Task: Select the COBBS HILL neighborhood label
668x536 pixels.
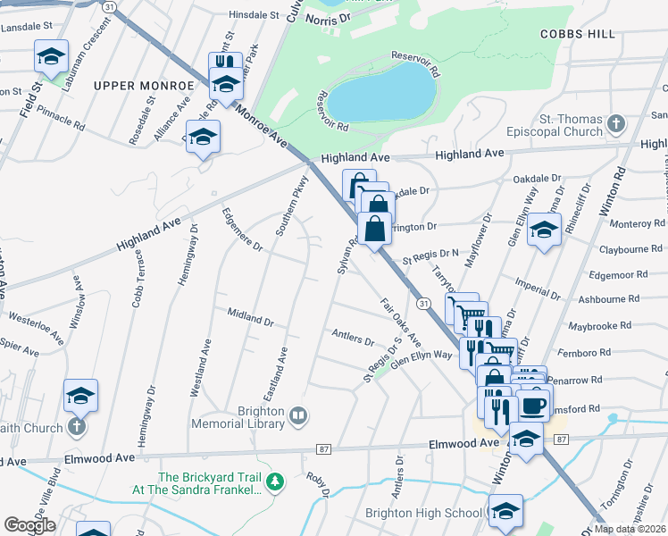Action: tap(577, 33)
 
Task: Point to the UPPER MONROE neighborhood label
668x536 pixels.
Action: tap(143, 86)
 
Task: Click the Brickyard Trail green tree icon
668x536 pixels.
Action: tap(277, 482)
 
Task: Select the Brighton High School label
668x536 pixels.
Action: tap(424, 514)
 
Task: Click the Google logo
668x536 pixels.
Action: tap(29, 525)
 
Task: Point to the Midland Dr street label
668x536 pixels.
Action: tap(249, 317)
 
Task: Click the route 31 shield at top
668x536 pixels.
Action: tap(108, 6)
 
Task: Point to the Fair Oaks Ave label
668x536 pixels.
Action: tap(400, 321)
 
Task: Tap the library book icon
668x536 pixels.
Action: tap(298, 415)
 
